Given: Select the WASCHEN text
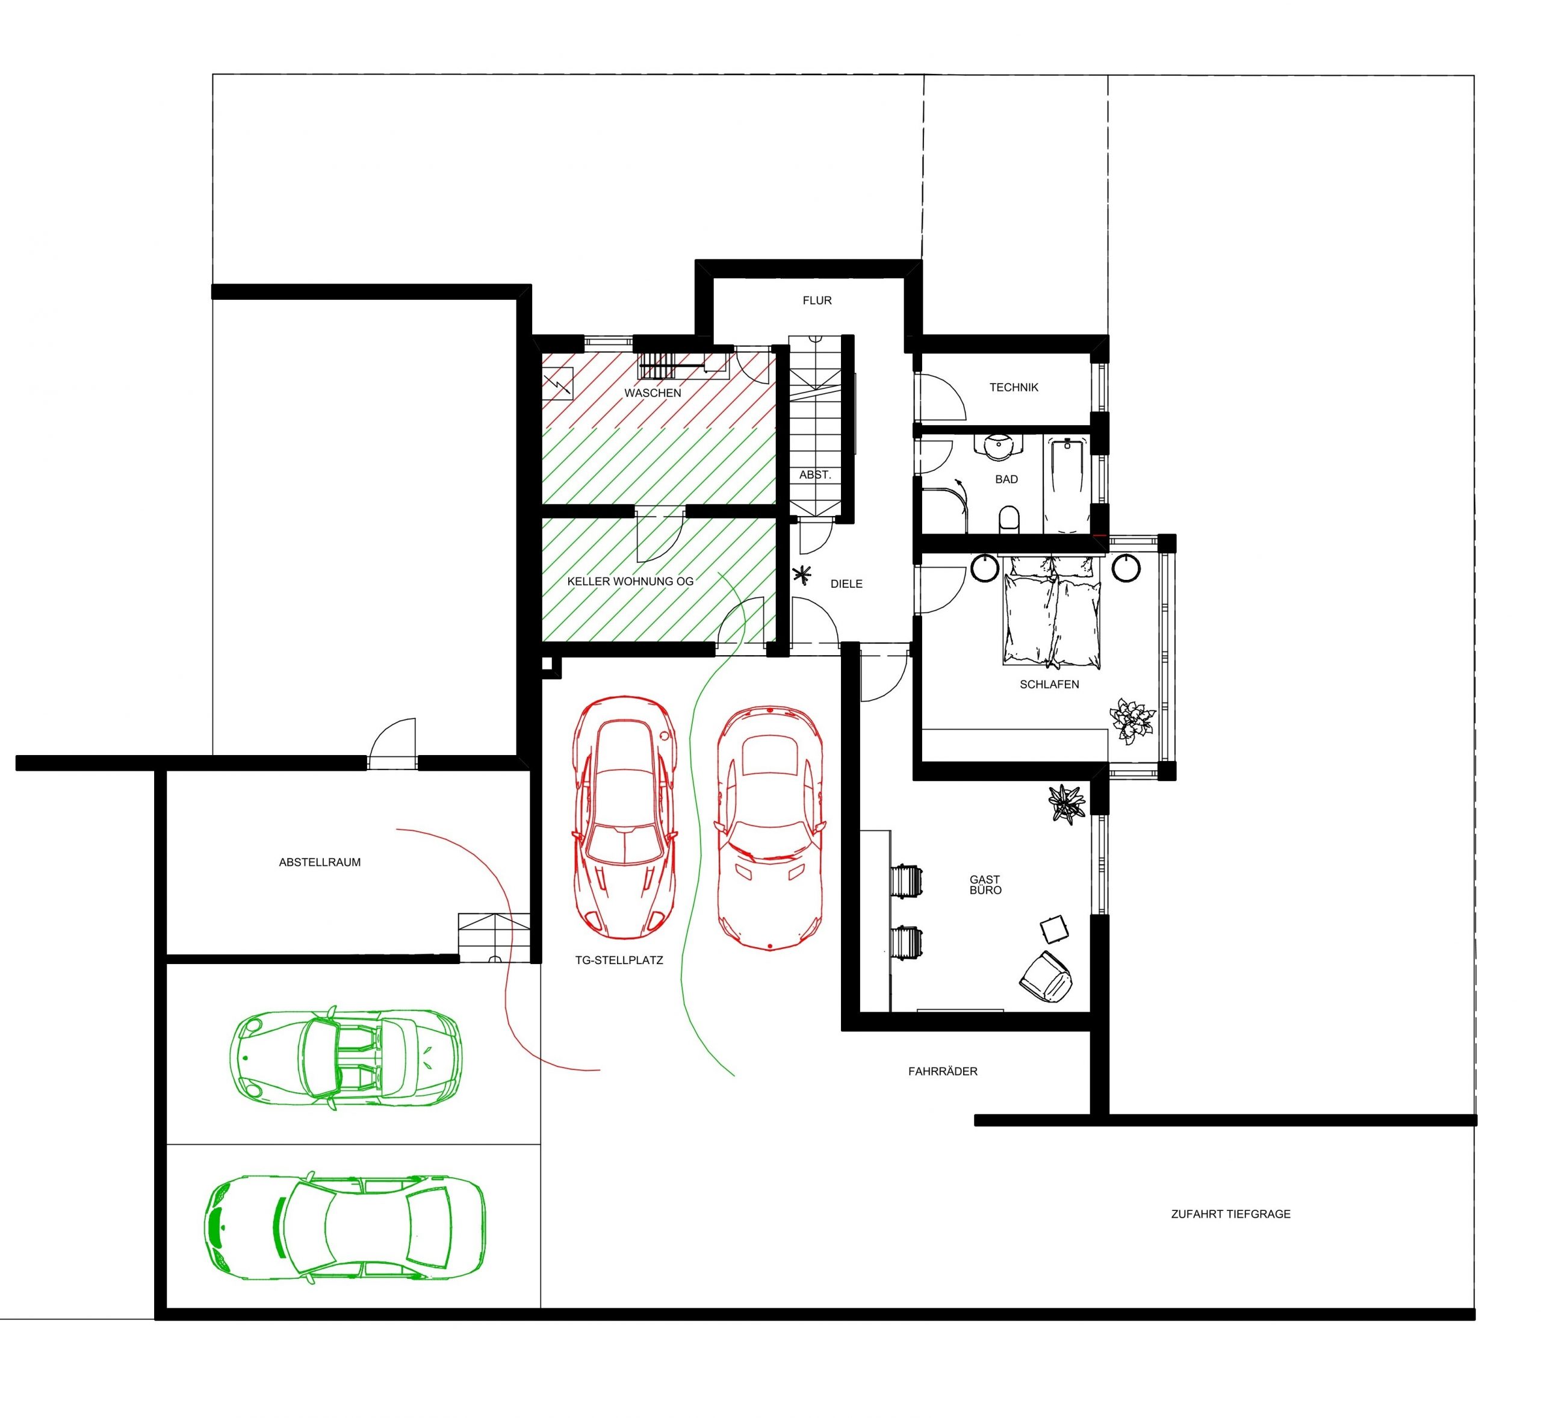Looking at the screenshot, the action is tap(653, 393).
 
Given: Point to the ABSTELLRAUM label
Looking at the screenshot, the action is tap(320, 862).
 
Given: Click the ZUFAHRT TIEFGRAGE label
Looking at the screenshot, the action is tap(1230, 1214).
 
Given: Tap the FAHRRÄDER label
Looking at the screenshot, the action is tap(943, 1071).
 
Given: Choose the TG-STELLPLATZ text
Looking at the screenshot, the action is tap(619, 960).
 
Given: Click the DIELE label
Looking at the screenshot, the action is tap(846, 584).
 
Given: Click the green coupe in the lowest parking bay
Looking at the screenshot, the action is tap(344, 1226).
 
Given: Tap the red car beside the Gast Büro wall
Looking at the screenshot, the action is tap(769, 828).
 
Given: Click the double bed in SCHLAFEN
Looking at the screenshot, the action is tap(1052, 610).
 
